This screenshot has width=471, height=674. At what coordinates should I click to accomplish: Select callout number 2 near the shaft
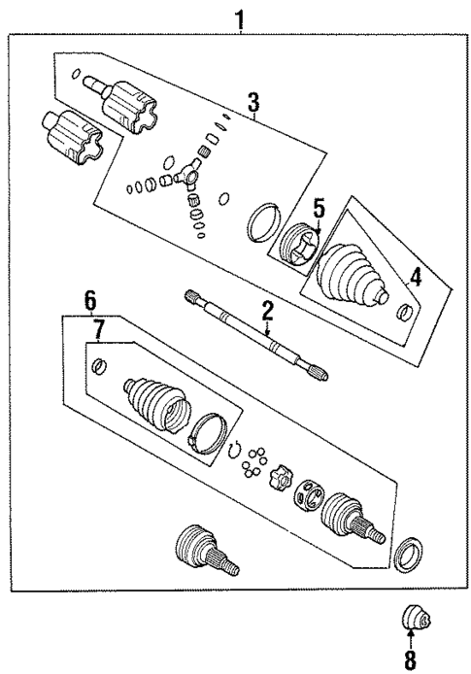[266, 312]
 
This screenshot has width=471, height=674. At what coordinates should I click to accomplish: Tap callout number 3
[252, 101]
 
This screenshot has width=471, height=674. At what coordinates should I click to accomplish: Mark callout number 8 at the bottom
[410, 662]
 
